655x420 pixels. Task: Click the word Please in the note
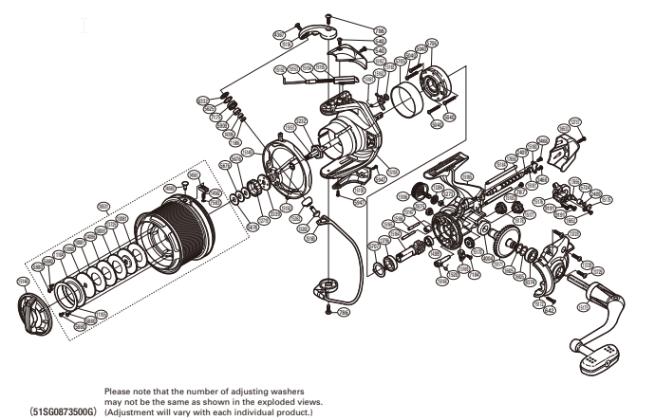point(121,391)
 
